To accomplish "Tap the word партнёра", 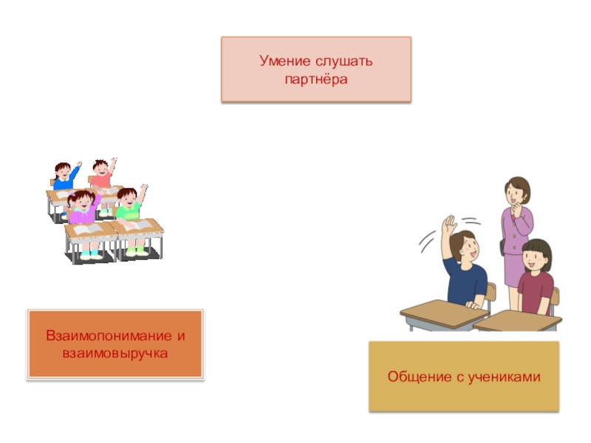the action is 315,77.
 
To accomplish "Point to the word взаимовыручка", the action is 115,354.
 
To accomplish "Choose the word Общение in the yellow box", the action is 417,377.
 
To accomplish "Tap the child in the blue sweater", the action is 65,177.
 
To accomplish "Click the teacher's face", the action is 515,193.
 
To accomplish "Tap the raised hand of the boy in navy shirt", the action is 447,226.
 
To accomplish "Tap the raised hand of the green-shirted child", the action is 143,189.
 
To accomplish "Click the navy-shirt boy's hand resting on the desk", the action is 476,303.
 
